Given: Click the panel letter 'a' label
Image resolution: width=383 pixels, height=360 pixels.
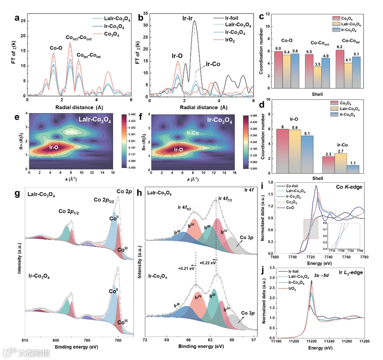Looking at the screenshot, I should pyautogui.click(x=16, y=18).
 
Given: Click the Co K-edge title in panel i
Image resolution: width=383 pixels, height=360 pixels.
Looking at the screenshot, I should pyautogui.click(x=349, y=187).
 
